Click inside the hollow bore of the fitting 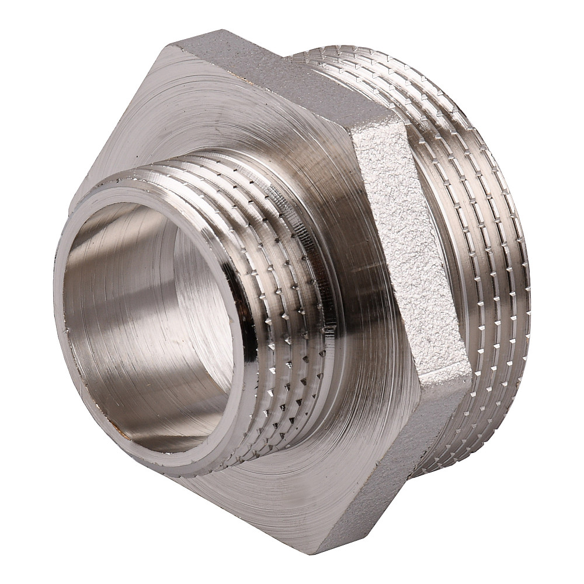pos(146,327)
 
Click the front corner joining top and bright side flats pos(350,126)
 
